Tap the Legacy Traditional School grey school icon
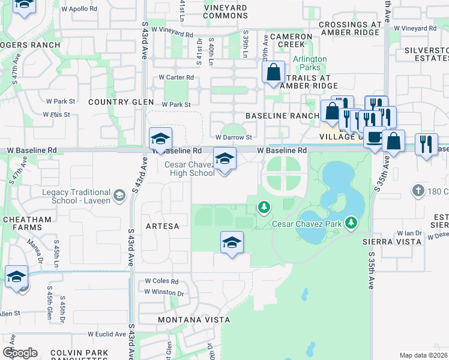[x=119, y=195]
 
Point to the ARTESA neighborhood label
[x=162, y=226]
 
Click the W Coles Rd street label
[x=161, y=281]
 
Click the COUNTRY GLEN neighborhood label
[x=117, y=102]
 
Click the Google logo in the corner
[x=20, y=352]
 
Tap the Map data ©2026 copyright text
[x=423, y=355]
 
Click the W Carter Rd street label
[x=176, y=77]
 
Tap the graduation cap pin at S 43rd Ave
[x=160, y=139]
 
